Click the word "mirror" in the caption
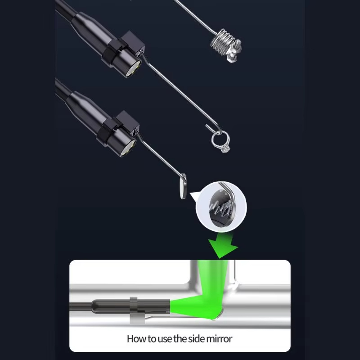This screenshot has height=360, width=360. (x=219, y=339)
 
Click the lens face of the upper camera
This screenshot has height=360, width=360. (x=133, y=69)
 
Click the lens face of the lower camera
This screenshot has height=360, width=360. (x=129, y=148)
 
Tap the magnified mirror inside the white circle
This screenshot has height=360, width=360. (x=221, y=207)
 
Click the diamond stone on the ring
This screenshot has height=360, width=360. (x=225, y=149)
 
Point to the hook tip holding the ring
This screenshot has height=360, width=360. (x=207, y=126)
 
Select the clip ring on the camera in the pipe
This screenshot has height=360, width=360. (x=134, y=310)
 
